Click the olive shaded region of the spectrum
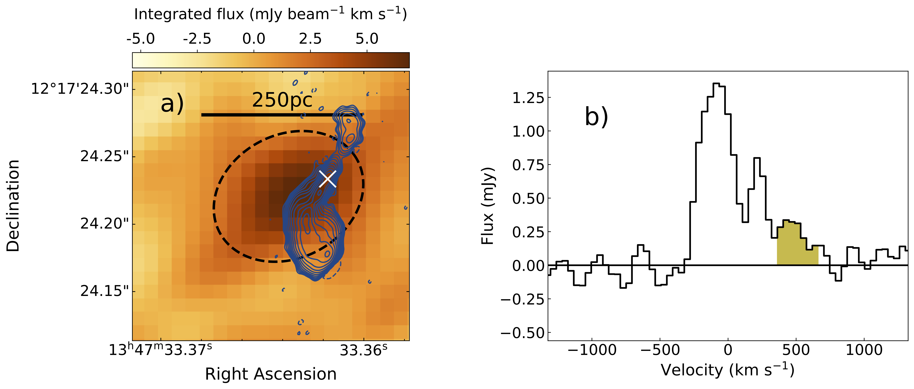point(795,245)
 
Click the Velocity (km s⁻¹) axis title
point(727,370)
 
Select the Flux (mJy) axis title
point(488,206)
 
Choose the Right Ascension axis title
point(271,374)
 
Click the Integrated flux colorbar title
point(270,14)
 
